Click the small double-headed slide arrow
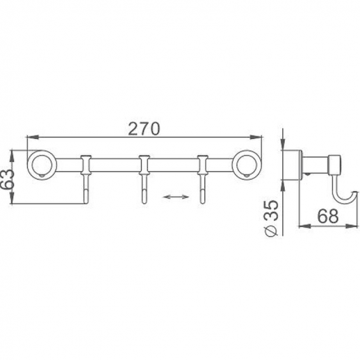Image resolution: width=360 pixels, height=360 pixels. tap(174, 198)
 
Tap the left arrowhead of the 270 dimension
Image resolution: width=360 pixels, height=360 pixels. tap(28, 138)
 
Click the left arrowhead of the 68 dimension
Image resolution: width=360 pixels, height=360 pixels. tap(301, 224)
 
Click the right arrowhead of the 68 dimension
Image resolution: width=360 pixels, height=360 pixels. tap(354, 224)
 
